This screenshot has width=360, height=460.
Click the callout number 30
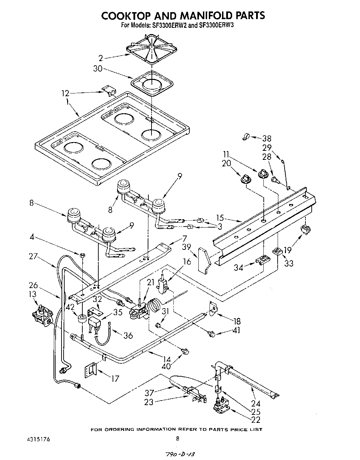[x=98, y=69]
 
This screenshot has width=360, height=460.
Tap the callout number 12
[x=65, y=93]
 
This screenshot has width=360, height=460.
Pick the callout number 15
[x=220, y=219]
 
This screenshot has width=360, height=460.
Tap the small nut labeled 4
[x=83, y=255]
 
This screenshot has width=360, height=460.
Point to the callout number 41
[x=237, y=330]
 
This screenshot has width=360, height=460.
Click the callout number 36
[x=129, y=335]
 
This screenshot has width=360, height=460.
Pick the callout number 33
[x=288, y=263]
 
